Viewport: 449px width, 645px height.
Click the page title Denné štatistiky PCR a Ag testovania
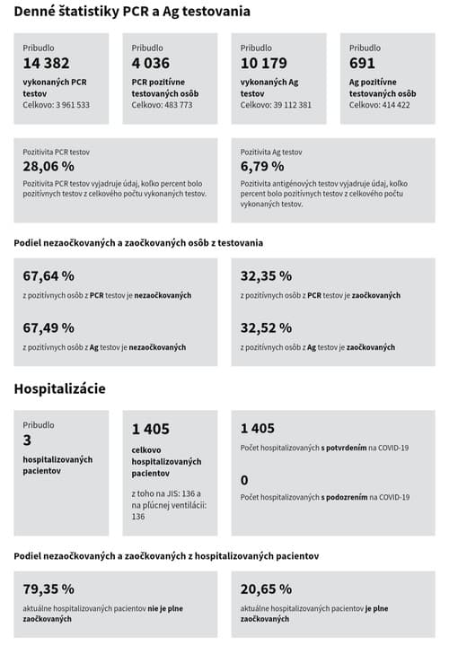pos(132,12)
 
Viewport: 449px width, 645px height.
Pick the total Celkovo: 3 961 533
pos(57,105)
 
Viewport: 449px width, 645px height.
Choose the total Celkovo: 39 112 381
pos(277,105)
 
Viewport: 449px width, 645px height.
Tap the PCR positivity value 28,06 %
pos(48,166)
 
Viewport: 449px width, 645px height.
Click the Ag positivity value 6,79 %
pos(262,166)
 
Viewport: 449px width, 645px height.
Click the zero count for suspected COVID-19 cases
pos(244,481)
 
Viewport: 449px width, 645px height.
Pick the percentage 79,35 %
pos(48,588)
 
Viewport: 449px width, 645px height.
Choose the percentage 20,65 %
pos(267,588)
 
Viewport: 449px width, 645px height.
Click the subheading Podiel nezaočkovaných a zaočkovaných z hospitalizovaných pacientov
pos(166,556)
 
